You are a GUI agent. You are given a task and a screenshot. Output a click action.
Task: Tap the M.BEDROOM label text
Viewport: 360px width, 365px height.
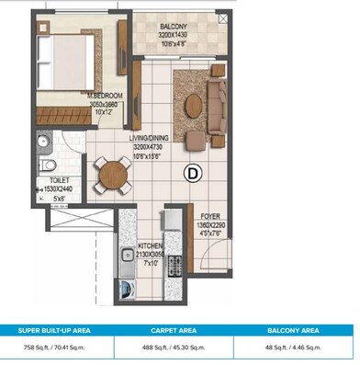tap(106, 95)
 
